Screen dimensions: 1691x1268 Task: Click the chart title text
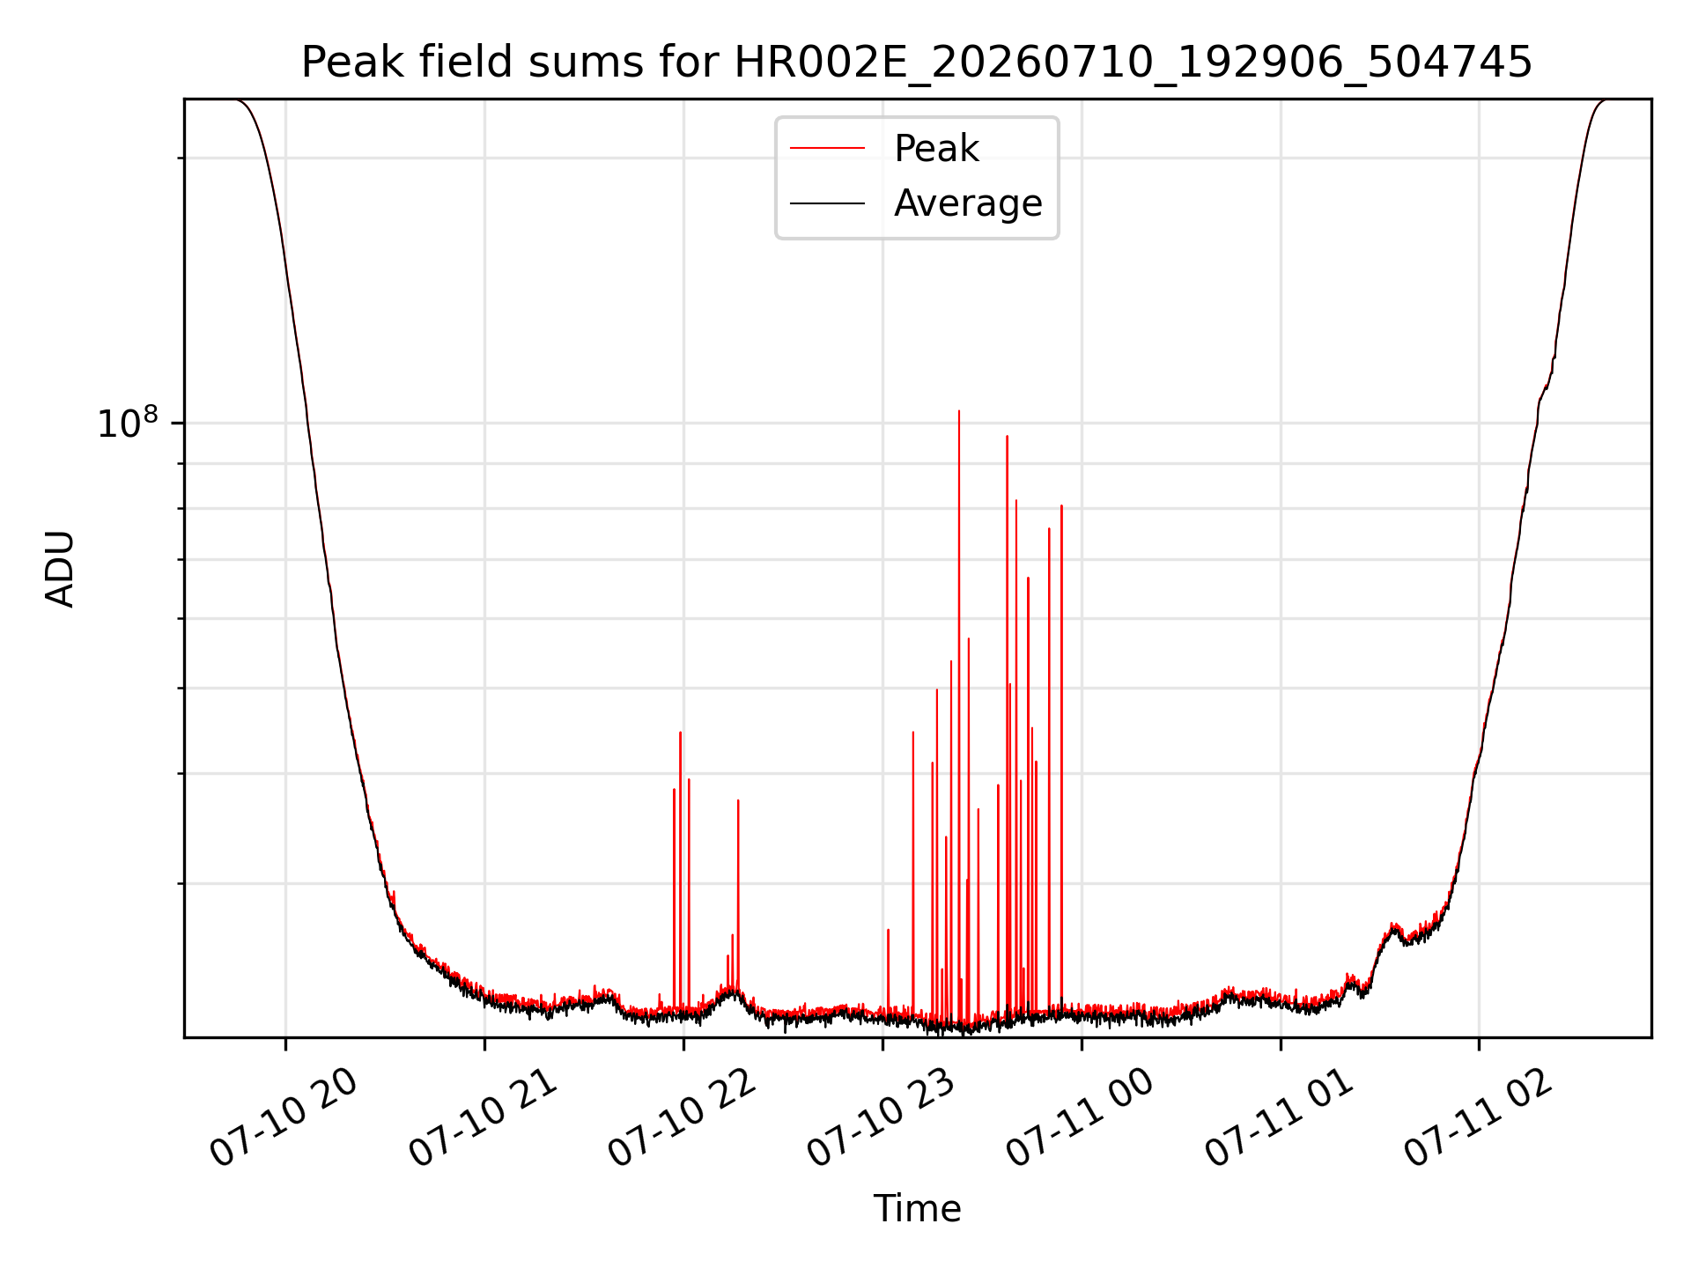coord(917,63)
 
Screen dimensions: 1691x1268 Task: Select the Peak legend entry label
coord(936,149)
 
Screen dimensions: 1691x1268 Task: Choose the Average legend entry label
coord(968,203)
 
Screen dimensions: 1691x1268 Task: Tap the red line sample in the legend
coord(827,149)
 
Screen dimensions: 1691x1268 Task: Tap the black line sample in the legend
coord(827,203)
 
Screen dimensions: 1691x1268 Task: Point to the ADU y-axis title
coord(60,569)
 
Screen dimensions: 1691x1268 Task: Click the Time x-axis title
coord(917,1209)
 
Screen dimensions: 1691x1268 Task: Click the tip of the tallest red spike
coord(959,411)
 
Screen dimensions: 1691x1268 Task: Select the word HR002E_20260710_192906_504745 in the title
coord(1133,63)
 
